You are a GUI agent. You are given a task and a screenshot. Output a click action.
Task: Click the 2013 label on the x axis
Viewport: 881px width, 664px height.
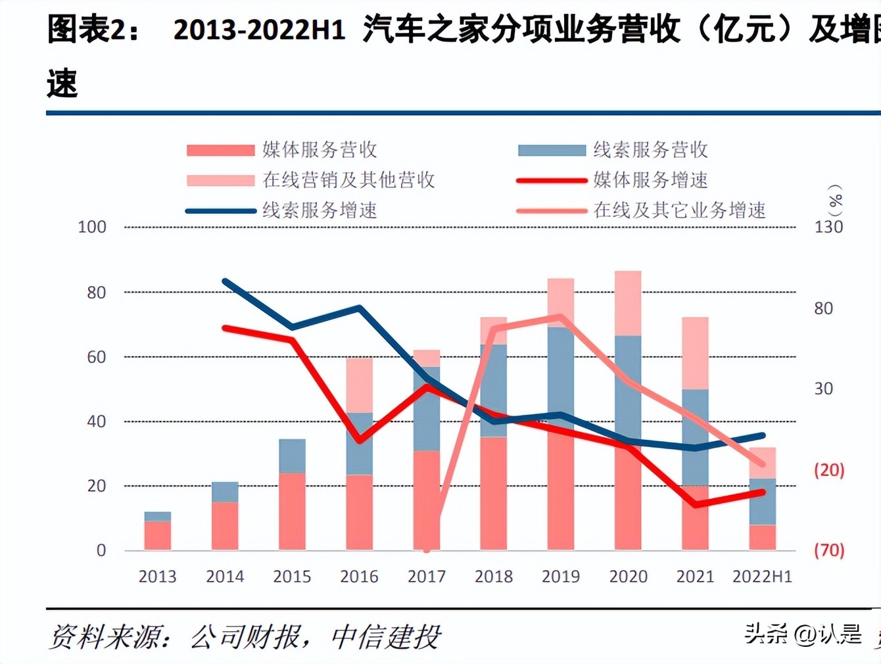click(157, 577)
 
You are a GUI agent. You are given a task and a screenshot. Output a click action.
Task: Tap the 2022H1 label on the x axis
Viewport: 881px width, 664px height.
click(762, 577)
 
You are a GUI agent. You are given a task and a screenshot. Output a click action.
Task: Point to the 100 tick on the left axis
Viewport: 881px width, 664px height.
click(91, 227)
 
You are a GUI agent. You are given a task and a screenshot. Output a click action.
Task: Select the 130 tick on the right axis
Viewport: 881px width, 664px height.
click(828, 227)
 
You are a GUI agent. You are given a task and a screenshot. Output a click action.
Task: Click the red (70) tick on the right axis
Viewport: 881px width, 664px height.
click(828, 550)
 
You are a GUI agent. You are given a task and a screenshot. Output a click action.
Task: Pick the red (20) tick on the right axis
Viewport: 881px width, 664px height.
click(828, 470)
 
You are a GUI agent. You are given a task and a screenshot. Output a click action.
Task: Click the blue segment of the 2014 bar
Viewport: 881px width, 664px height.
click(225, 492)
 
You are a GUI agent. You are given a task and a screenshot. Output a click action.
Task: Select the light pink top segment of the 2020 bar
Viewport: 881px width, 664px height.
click(628, 303)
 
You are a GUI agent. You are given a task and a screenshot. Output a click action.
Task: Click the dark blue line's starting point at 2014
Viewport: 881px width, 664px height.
click(225, 281)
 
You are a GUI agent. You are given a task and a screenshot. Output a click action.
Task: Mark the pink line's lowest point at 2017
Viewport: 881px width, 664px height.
click(427, 549)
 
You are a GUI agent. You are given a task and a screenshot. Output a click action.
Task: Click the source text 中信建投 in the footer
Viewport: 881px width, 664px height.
click(385, 637)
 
